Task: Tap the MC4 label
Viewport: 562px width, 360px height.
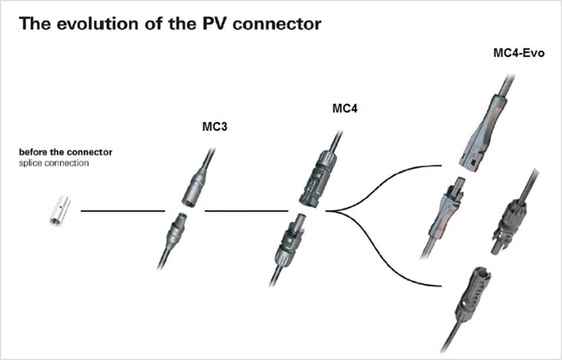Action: click(x=345, y=109)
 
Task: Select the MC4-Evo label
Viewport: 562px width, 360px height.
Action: click(x=519, y=52)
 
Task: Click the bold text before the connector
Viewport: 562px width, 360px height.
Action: click(x=65, y=152)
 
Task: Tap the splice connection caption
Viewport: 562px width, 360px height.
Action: click(x=53, y=163)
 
